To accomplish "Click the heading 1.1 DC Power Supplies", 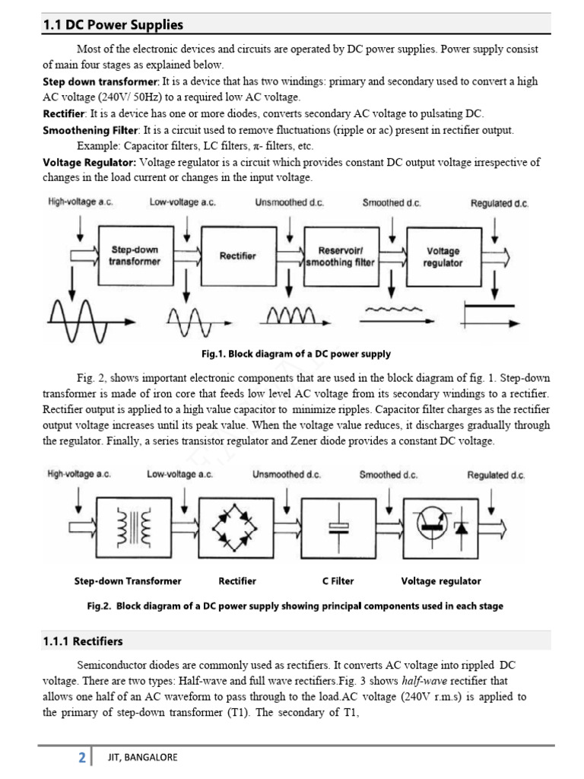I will [x=113, y=25].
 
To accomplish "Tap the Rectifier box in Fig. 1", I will [x=238, y=256].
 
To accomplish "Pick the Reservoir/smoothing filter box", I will [x=339, y=256].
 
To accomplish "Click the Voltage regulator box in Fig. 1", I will [x=443, y=256].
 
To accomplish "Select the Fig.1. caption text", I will [x=296, y=354].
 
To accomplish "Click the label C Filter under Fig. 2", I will [x=338, y=581].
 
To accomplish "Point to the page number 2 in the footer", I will [x=81, y=758].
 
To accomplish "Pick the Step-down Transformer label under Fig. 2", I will [x=128, y=581].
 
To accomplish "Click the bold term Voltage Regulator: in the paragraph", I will [x=90, y=162].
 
